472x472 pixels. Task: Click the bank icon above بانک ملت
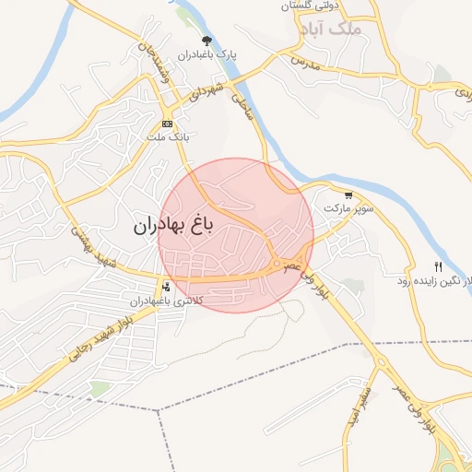pos(167,124)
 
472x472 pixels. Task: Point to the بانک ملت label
pos(167,137)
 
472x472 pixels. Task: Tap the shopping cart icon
pos(348,195)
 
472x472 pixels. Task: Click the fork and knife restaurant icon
pos(438,266)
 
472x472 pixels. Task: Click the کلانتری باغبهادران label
pos(165,301)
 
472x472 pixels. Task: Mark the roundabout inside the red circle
pos(277,265)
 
